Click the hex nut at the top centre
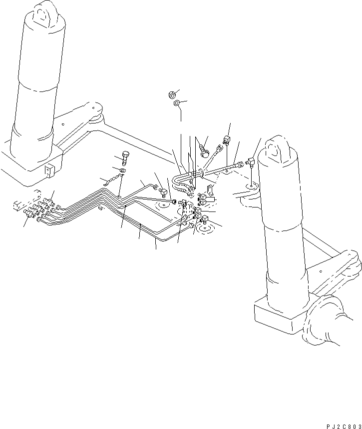point(171,94)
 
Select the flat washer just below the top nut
point(177,103)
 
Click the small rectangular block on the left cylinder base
point(48,170)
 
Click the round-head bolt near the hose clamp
point(203,150)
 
